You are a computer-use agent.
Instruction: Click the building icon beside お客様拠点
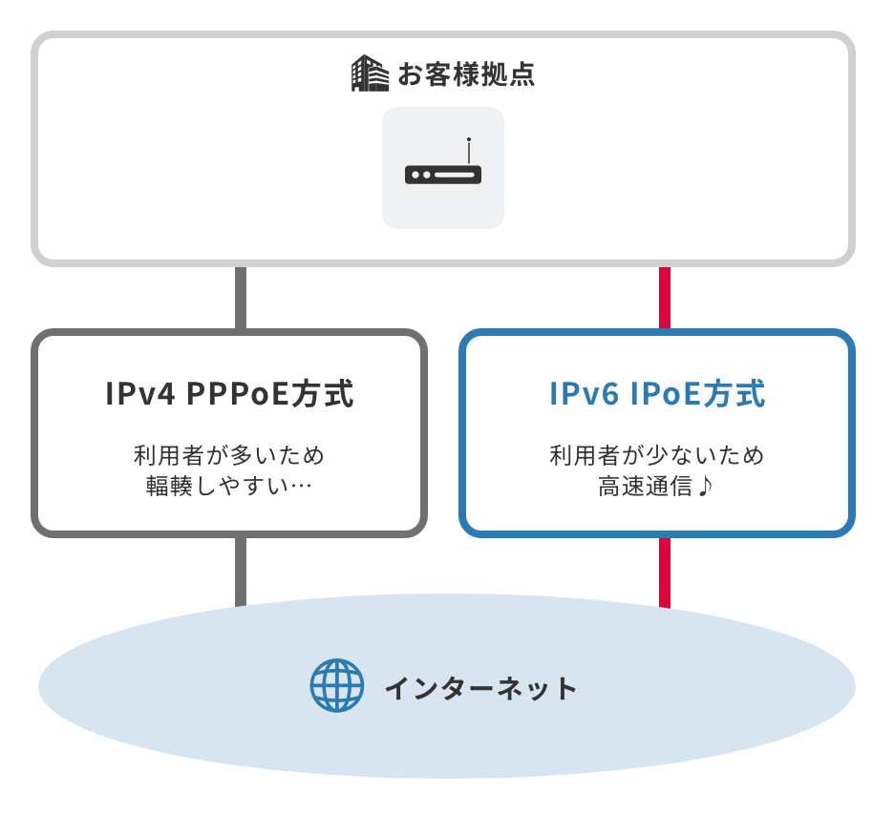tap(370, 73)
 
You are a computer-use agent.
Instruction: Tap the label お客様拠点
tap(465, 74)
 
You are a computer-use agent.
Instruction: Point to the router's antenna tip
tap(469, 140)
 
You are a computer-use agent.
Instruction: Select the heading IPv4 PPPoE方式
tap(229, 394)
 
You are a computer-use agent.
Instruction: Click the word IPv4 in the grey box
tap(139, 394)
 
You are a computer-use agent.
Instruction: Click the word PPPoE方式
tap(269, 394)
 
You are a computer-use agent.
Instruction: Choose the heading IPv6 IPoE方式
tap(657, 394)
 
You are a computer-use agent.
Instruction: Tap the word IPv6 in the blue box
tap(585, 394)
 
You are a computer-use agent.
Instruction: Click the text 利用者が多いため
tap(229, 455)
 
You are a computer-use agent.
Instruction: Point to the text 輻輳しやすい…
tap(229, 487)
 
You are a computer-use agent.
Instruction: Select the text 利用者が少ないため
tap(657, 455)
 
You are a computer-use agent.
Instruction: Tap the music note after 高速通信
tap(705, 487)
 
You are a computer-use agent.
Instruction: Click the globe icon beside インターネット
tap(337, 685)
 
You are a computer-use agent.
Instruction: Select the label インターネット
tap(480, 687)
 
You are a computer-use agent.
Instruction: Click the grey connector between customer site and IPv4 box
tap(241, 298)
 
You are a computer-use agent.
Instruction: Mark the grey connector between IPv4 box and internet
tap(241, 571)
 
